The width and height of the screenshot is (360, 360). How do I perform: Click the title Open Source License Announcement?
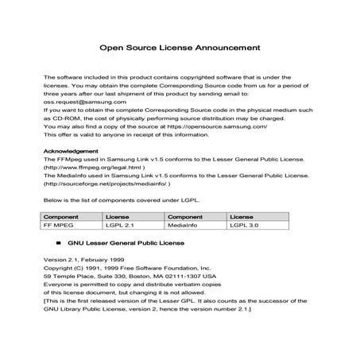coord(179,47)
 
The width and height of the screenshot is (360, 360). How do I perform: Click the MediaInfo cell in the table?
coord(184,225)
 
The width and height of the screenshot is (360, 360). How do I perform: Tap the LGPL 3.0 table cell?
coord(244,225)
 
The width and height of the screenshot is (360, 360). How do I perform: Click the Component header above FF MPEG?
coord(61,215)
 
